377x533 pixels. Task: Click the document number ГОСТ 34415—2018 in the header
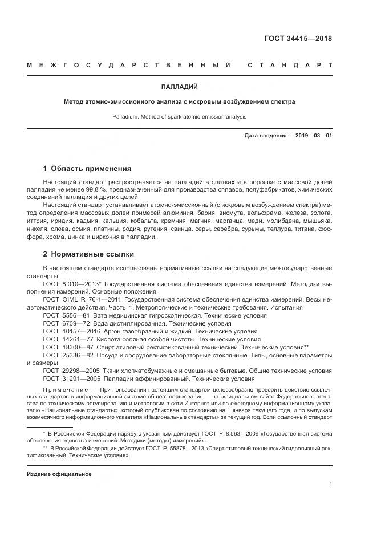tap(298, 39)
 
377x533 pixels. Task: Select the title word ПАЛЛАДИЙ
tap(180, 87)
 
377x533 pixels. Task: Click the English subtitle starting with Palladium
tap(180, 116)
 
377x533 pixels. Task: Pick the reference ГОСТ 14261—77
tap(68, 339)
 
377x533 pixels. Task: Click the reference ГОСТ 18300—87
tap(68, 347)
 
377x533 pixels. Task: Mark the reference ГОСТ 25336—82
tap(68, 355)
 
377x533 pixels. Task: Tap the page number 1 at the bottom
tap(330, 485)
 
